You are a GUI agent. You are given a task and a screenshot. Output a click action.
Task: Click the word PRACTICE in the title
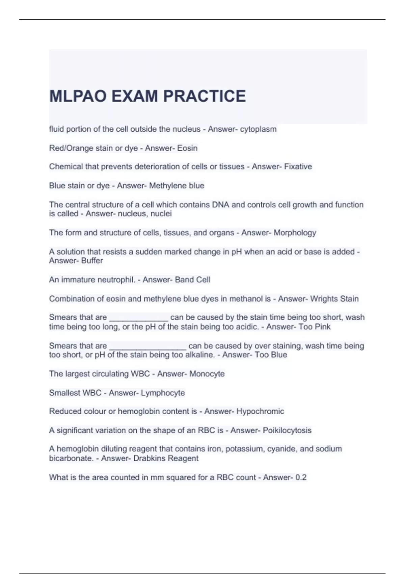[205, 96]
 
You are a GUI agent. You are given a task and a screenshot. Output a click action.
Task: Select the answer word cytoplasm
[258, 129]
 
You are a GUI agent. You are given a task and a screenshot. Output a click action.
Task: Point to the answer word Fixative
[298, 166]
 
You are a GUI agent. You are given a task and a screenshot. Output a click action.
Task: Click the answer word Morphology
[295, 233]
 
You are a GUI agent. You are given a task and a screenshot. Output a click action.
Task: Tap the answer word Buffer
[92, 261]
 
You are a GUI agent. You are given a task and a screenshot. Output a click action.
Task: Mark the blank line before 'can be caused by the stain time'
[139, 319]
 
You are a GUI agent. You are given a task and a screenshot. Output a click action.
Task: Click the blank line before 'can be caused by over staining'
[148, 348]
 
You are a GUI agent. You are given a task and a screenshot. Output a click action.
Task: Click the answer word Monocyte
[207, 374]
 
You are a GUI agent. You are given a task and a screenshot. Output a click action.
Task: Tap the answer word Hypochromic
[260, 411]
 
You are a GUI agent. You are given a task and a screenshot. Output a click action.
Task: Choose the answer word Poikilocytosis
[287, 430]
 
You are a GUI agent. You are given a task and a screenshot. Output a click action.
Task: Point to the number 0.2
[301, 477]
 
